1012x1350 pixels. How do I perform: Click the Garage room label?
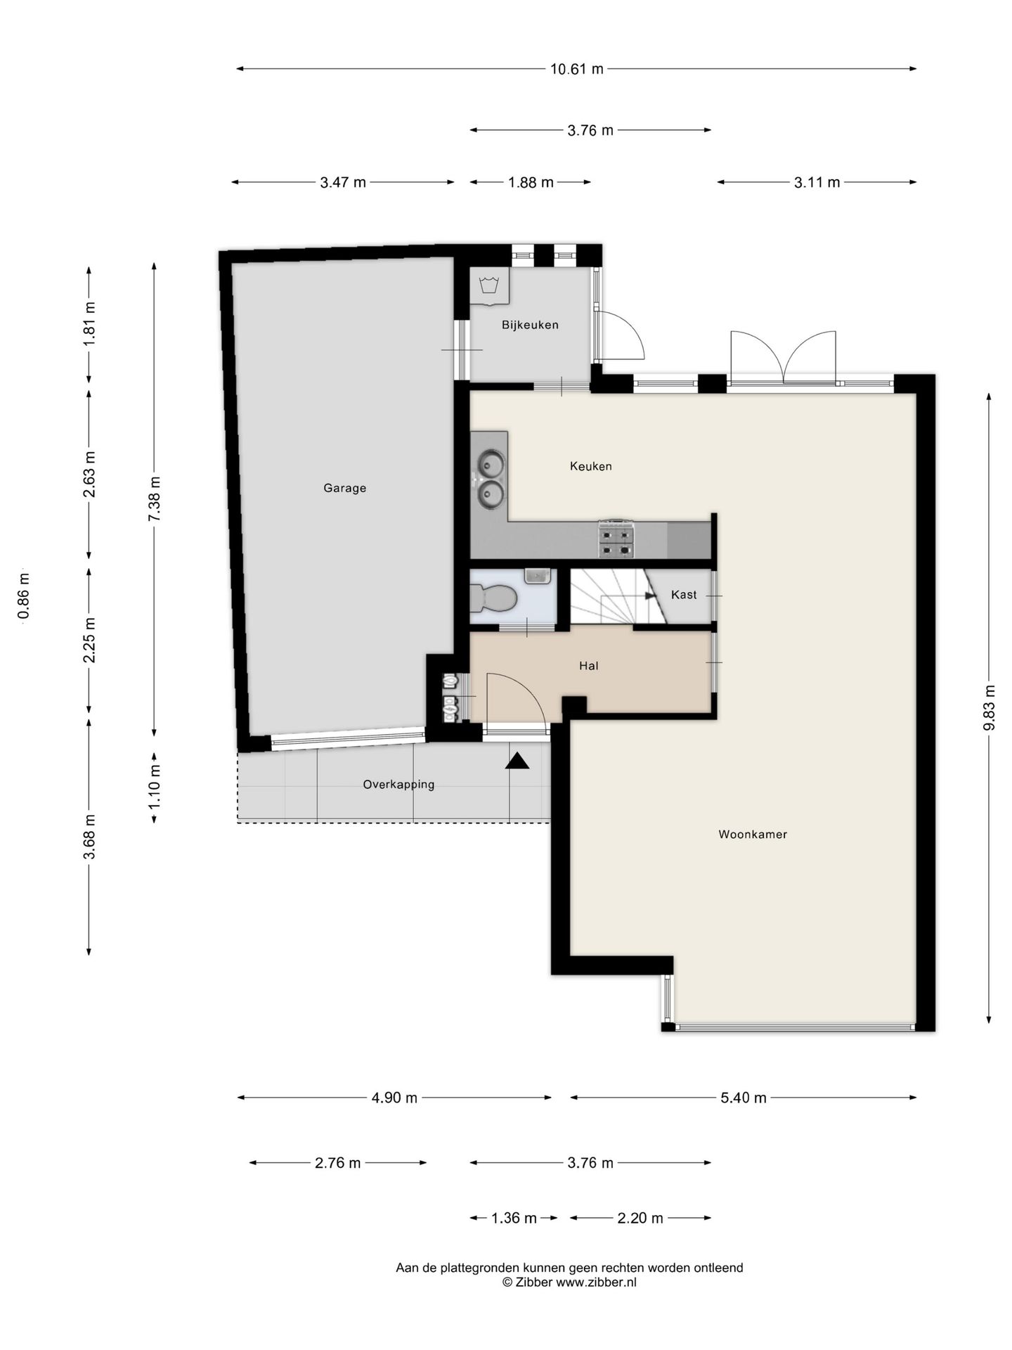tap(344, 488)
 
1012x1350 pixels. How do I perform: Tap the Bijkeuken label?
tap(530, 325)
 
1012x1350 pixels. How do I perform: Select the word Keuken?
tap(590, 466)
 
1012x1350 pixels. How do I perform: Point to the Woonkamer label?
tap(753, 835)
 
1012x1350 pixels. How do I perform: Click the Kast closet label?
tap(684, 595)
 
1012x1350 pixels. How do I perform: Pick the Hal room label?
tap(589, 666)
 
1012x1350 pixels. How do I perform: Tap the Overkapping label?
tap(398, 785)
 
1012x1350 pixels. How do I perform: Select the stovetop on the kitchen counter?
tap(616, 539)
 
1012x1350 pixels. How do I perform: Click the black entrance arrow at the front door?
tap(517, 761)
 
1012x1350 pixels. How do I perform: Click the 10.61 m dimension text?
tap(576, 69)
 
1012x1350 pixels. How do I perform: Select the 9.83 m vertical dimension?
tap(989, 707)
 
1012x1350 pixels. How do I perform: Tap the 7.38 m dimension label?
tap(154, 499)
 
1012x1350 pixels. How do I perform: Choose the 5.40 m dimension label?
tap(743, 1098)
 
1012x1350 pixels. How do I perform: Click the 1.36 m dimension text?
tap(514, 1218)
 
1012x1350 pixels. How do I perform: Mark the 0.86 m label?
tap(24, 596)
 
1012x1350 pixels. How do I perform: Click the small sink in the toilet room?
tap(538, 576)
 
